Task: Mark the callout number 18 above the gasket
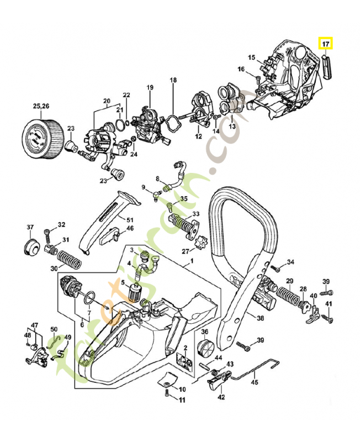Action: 173,80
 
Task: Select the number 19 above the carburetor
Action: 150,88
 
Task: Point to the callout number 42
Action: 221,397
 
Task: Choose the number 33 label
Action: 195,214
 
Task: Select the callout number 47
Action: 34,325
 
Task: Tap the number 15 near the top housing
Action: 251,57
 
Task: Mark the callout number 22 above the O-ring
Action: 126,96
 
